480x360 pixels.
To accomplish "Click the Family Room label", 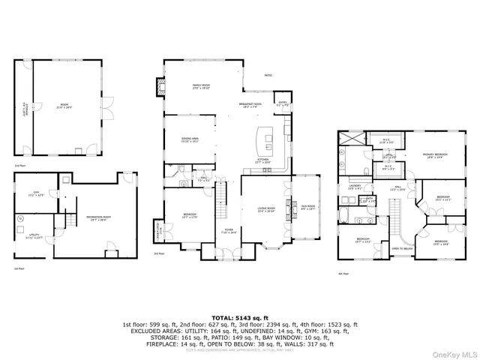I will click(200, 87).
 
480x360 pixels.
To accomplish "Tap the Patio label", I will click(268, 76).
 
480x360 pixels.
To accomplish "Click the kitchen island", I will click(265, 139).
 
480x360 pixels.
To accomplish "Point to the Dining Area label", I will click(190, 140).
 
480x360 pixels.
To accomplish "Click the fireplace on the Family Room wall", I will click(158, 87).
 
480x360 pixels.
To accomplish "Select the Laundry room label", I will click(355, 187).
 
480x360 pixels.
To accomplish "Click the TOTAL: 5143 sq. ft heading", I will click(240, 317).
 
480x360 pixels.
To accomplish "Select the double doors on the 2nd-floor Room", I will click(106, 102).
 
